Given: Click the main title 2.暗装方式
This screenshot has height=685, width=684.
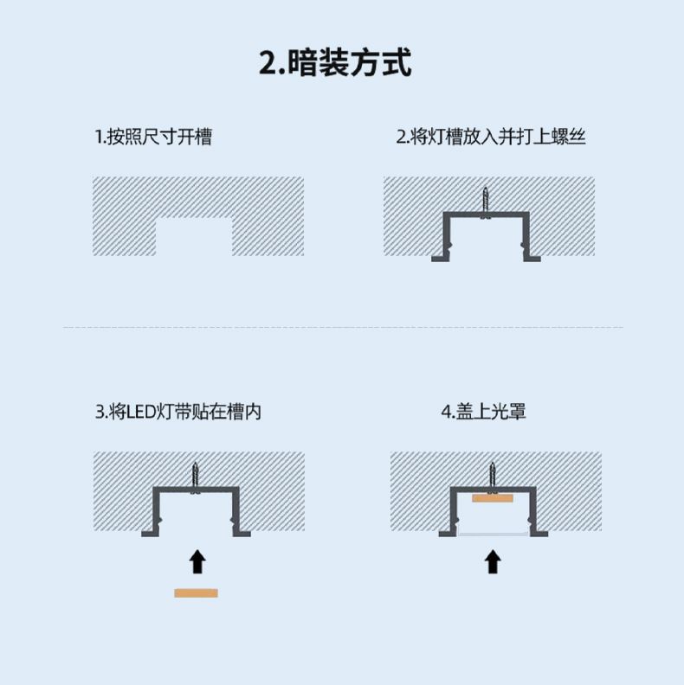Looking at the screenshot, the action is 335,62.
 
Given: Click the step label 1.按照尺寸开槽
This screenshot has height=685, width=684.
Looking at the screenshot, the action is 153,137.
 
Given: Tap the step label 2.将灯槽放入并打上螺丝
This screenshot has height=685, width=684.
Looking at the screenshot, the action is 491,137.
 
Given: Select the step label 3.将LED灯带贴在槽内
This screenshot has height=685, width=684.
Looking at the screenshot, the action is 178,412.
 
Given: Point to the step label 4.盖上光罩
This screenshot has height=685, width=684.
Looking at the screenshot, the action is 483,412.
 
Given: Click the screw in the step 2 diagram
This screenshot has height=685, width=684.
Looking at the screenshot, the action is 486,202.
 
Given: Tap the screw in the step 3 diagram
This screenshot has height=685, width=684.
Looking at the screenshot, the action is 196,477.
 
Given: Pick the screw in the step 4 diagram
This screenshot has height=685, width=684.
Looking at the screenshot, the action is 493,477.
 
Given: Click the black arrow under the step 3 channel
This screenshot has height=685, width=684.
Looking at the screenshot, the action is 197,561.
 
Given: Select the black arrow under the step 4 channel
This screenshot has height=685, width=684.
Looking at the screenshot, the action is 493,561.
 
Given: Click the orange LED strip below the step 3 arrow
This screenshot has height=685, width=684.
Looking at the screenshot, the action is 196,592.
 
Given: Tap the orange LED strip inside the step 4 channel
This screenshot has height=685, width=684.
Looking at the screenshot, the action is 493,498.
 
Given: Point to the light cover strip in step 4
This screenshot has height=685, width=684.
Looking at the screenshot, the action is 494,534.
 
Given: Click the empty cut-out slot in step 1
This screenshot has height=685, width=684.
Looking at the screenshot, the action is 194,236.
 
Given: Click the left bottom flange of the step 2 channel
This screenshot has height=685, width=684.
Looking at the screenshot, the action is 441,259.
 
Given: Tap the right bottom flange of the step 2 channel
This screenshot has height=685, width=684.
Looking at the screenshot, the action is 532,259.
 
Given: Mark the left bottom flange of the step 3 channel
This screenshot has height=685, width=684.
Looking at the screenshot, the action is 150,534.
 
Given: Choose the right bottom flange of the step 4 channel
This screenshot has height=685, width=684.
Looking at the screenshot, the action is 539,534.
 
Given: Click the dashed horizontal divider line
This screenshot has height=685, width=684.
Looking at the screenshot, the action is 344,327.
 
